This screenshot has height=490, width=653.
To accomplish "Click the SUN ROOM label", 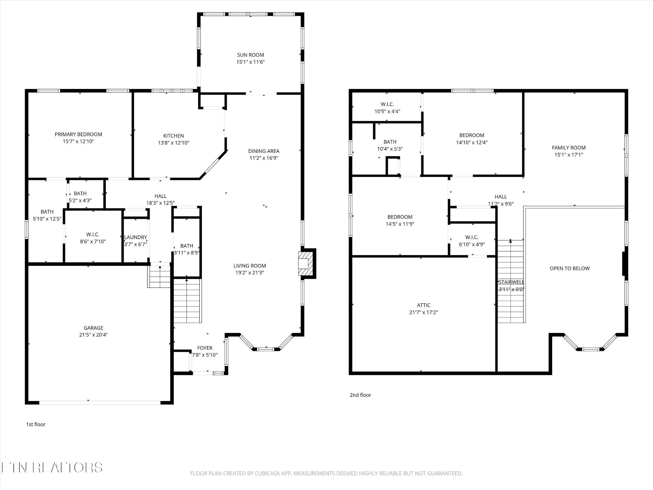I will (250, 55).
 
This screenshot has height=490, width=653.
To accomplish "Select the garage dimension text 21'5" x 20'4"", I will (93, 335).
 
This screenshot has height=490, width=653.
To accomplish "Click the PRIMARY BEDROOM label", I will (78, 134).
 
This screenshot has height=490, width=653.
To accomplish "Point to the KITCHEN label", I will (173, 136).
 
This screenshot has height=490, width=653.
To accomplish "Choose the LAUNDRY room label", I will (136, 237).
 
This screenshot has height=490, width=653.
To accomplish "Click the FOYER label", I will (205, 348).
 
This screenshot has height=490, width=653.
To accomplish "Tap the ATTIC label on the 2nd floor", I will (423, 305).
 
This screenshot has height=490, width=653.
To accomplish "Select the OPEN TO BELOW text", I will (569, 269).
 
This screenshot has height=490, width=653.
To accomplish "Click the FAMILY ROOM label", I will (569, 148).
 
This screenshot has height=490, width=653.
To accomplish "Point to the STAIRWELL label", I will (511, 282).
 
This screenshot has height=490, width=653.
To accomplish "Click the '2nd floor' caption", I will (360, 395).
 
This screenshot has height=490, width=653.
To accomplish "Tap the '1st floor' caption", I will (35, 424).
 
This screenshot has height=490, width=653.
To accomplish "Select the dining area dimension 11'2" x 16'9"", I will (264, 158).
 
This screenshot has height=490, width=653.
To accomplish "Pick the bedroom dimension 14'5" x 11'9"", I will (400, 224).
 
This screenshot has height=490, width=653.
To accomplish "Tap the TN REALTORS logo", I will (52, 468).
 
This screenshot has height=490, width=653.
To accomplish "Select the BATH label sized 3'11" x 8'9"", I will (187, 246).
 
